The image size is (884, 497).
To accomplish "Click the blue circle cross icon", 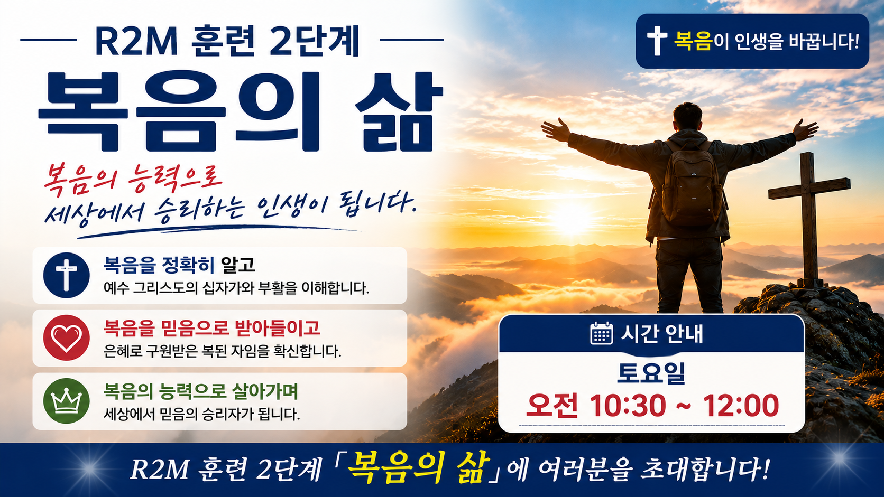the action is click(x=66, y=275).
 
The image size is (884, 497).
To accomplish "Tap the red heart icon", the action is click(x=66, y=338).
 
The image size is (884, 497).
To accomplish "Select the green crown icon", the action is click(x=66, y=401).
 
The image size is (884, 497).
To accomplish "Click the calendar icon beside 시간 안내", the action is click(x=602, y=333).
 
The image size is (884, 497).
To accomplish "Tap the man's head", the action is click(x=687, y=117).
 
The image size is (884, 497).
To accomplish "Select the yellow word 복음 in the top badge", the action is click(x=693, y=41).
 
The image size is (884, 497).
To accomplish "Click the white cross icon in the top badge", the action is click(x=657, y=41).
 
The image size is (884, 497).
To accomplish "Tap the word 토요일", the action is click(x=651, y=373).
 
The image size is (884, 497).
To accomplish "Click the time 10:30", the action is click(x=628, y=406).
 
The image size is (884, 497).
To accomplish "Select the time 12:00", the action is click(x=741, y=406).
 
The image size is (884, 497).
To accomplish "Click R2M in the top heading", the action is click(x=136, y=41).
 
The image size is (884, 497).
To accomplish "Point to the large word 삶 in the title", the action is click(x=399, y=111).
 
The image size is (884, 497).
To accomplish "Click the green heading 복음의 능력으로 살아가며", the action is click(x=200, y=391).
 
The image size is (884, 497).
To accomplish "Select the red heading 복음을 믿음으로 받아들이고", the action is click(x=211, y=328).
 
